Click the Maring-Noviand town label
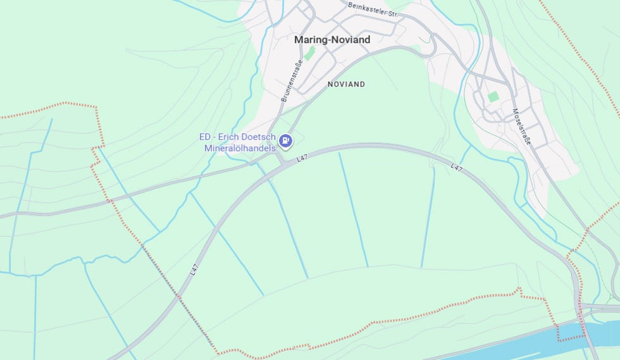click(x=332, y=39)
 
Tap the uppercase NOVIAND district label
click(x=346, y=84)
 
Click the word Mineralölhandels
click(x=240, y=148)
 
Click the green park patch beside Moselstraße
click(x=493, y=97)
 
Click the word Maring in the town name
click(x=310, y=39)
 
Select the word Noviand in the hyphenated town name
click(x=350, y=39)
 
